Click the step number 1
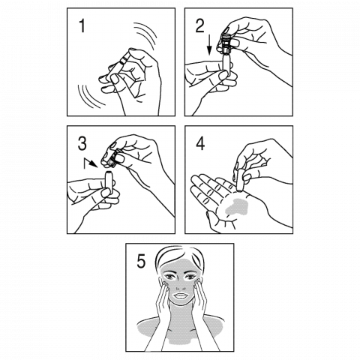82,26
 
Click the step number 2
199,26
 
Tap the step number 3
82,144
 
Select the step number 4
200,144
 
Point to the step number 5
141,262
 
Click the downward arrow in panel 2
209,45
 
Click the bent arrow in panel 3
91,163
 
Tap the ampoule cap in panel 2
226,43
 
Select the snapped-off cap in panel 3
112,158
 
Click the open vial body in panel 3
109,182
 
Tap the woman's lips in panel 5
180,296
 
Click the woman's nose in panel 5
179,284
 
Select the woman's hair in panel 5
179,257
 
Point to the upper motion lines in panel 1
145,36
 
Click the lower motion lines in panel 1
90,97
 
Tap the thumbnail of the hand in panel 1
115,79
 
